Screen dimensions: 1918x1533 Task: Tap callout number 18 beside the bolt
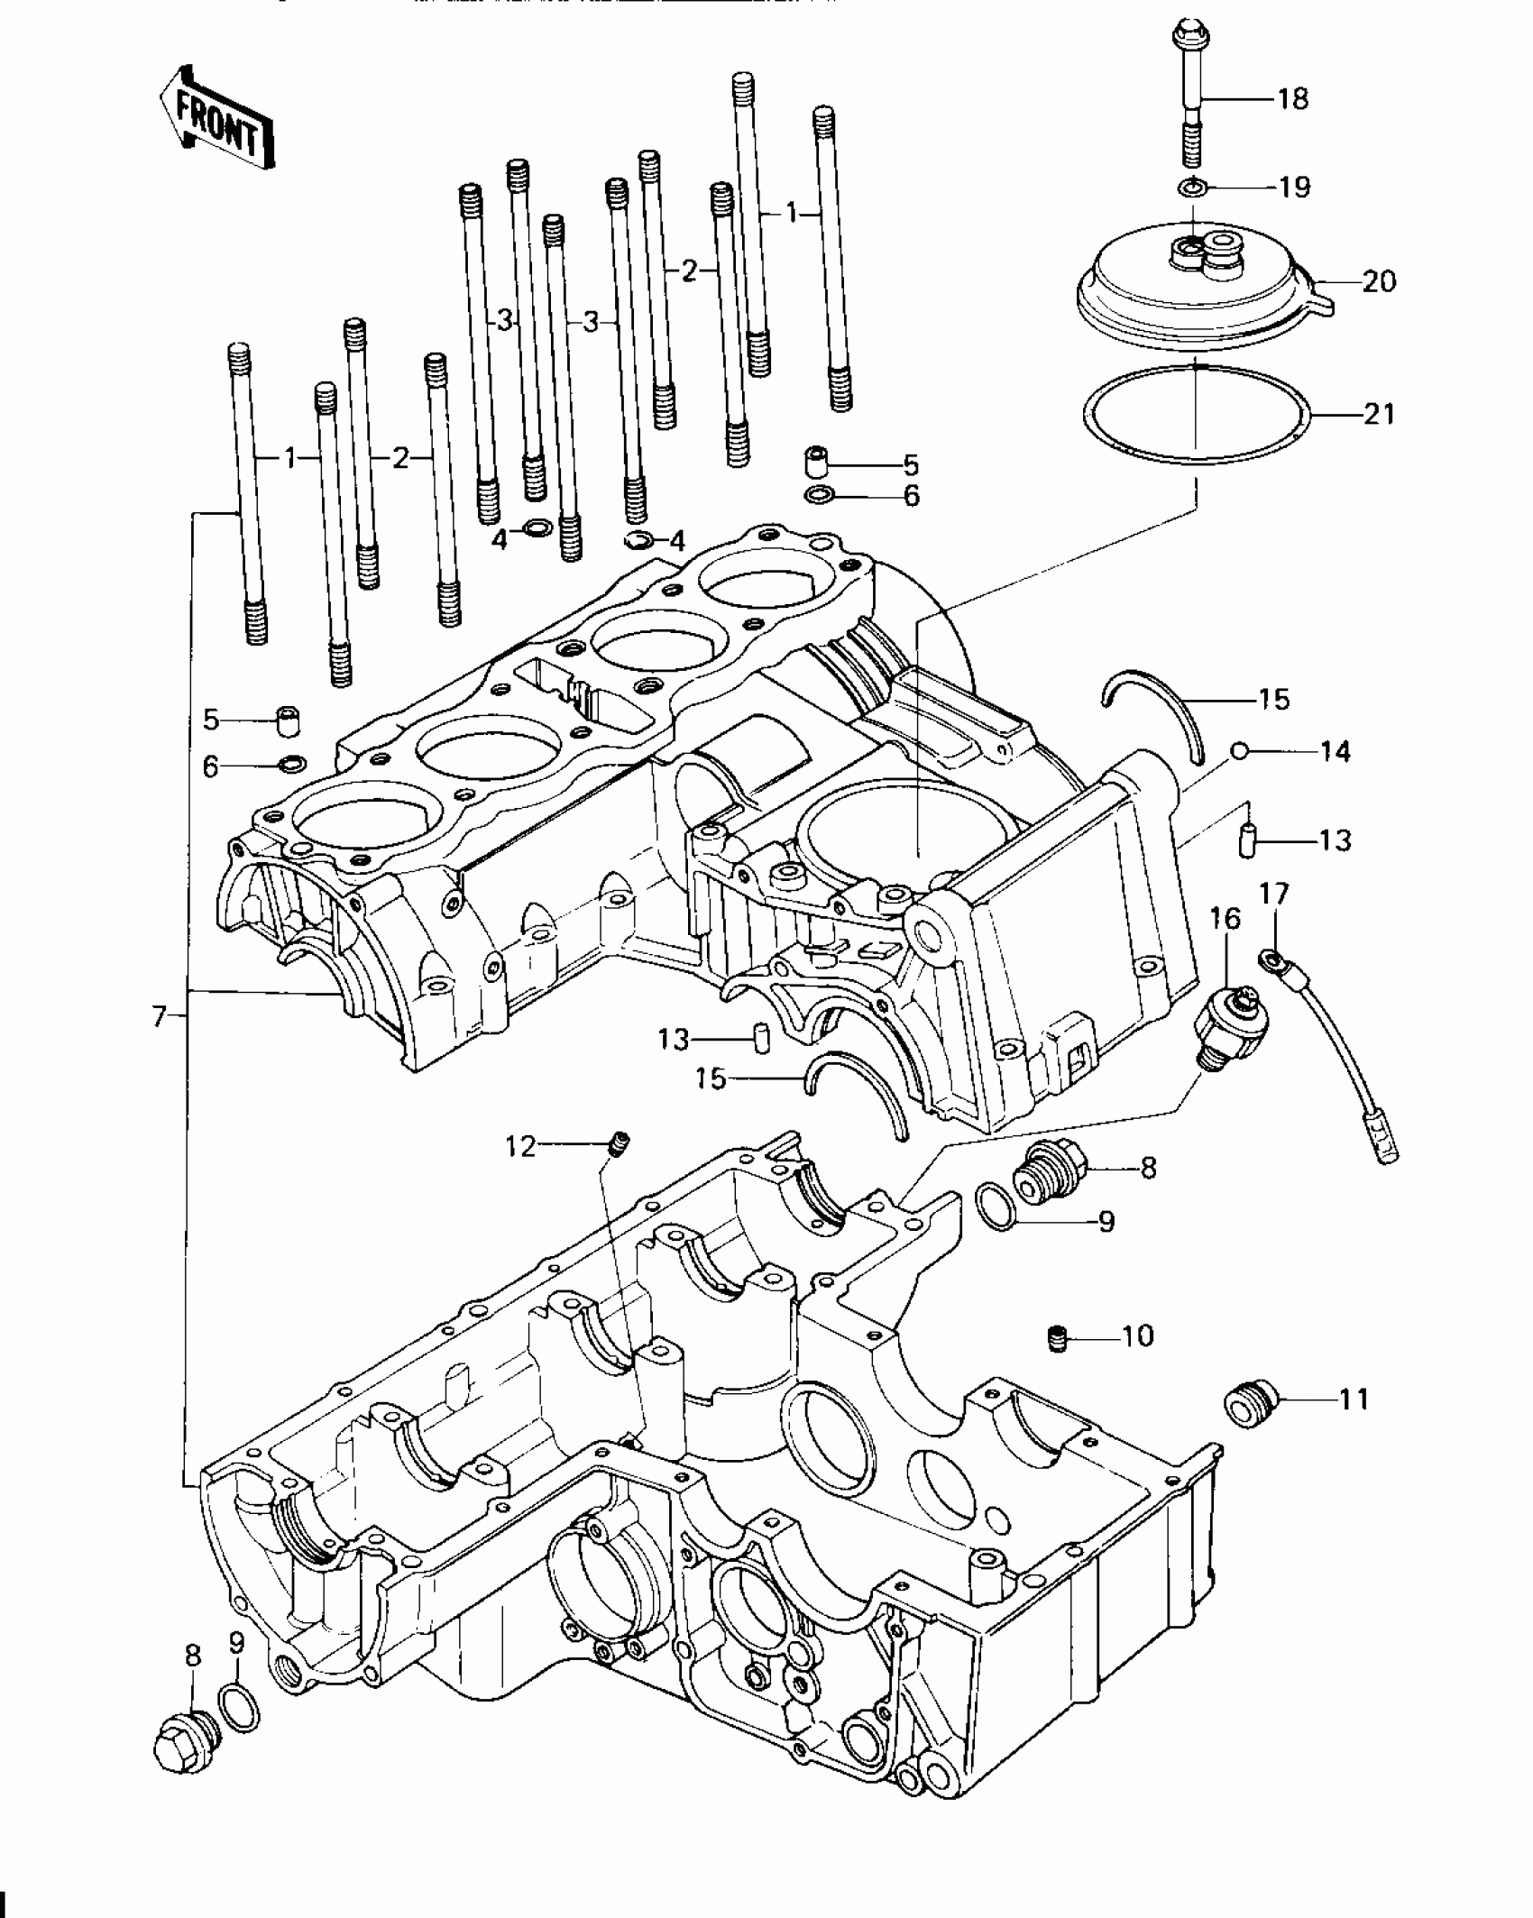(x=1293, y=98)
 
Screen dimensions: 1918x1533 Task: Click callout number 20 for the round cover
(x=1379, y=281)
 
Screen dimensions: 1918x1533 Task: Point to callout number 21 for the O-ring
(x=1379, y=415)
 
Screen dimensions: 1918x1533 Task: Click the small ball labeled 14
(x=1240, y=750)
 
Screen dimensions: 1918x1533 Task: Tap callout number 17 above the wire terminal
(x=1274, y=894)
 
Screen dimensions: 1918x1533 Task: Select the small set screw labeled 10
(x=1059, y=1339)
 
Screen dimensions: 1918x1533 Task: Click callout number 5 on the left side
(x=211, y=720)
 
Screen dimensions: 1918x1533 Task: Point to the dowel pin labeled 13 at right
(x=1246, y=840)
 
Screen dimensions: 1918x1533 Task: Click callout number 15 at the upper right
(x=1274, y=699)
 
